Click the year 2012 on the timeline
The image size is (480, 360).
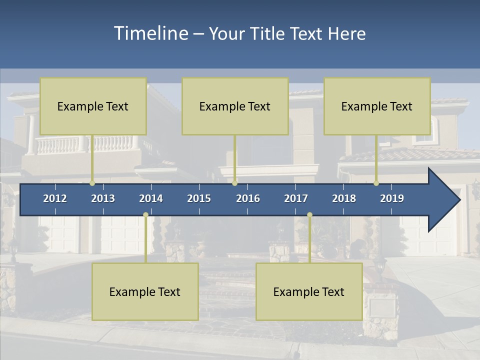[x=55, y=198]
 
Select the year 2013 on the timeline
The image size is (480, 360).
[x=103, y=198]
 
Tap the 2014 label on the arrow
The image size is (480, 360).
[x=151, y=198]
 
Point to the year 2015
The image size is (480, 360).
[x=199, y=198]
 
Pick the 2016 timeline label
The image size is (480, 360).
[x=248, y=198]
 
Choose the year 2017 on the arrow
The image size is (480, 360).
[x=296, y=198]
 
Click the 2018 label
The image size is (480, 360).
[x=344, y=198]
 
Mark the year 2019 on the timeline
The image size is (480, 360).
[x=392, y=198]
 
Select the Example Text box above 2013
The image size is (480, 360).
[x=93, y=106]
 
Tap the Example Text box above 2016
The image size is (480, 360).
[x=235, y=106]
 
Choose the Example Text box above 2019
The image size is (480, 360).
[x=377, y=106]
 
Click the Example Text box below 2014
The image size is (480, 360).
[x=145, y=291]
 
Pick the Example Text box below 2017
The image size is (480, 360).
[x=309, y=291]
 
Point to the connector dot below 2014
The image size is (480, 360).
[x=145, y=215]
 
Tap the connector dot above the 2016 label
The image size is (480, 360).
[x=234, y=183]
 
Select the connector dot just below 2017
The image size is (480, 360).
[x=309, y=215]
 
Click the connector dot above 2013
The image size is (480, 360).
[x=92, y=183]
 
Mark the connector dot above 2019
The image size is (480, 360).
[x=376, y=183]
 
